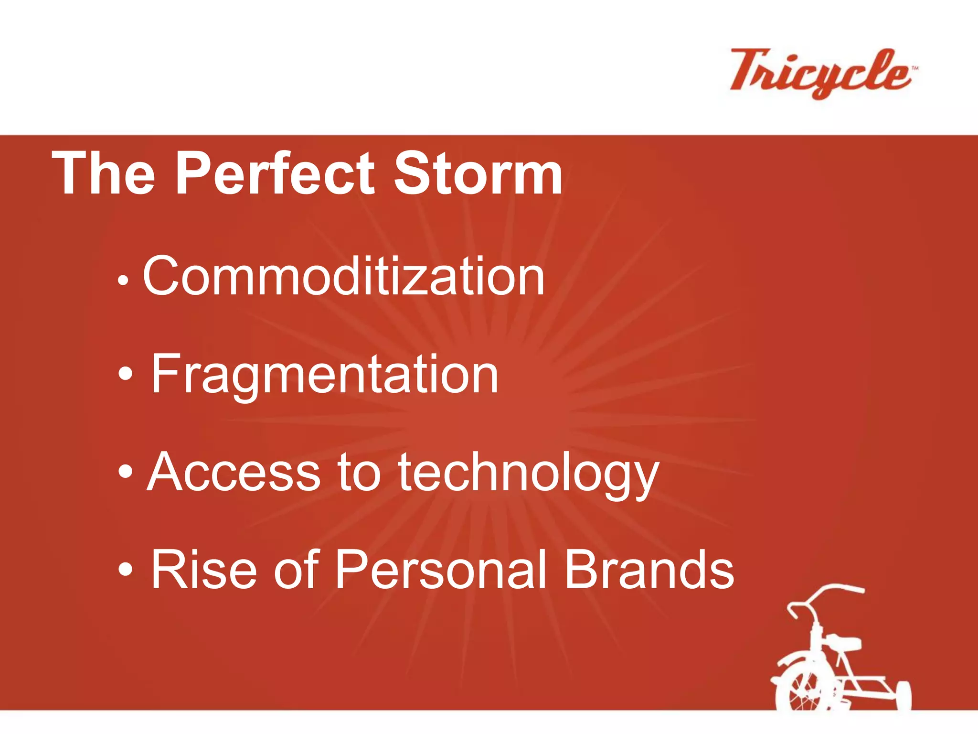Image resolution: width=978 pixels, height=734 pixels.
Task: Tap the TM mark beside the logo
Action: [914, 69]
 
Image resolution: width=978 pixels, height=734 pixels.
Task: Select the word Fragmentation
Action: [325, 375]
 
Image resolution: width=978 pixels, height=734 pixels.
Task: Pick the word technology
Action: [528, 473]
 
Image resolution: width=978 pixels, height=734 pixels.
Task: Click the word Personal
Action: [440, 569]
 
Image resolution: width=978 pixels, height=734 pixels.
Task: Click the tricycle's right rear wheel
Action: [902, 695]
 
